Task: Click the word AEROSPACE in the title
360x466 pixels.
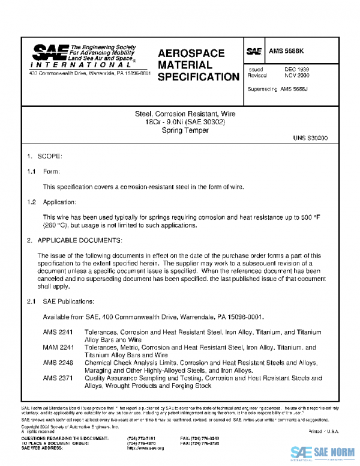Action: tap(191, 53)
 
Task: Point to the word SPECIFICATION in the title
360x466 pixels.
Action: tap(199, 77)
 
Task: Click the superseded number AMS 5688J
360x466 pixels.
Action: tap(294, 89)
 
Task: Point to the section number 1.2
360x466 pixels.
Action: tap(31, 202)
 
